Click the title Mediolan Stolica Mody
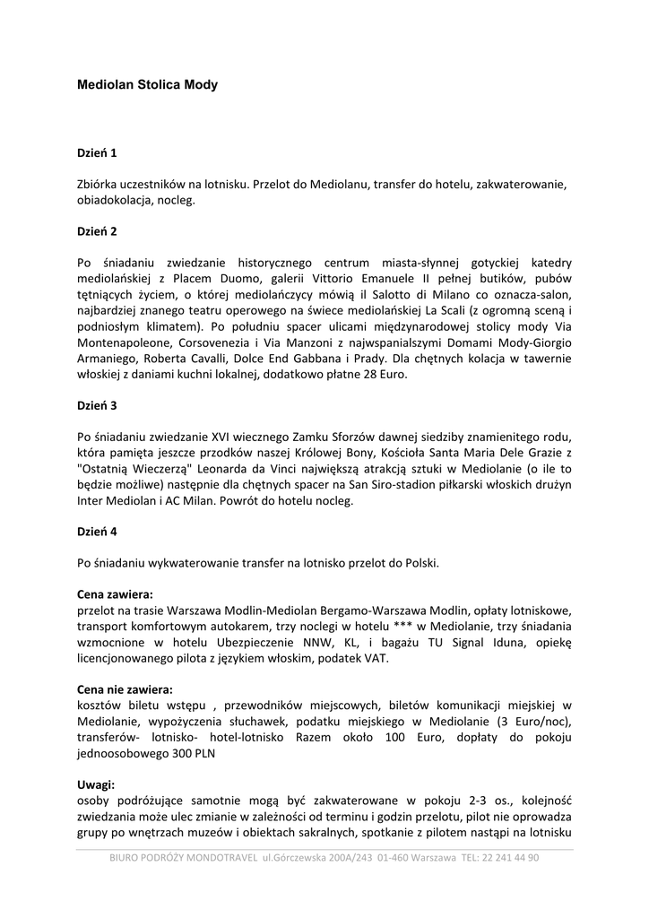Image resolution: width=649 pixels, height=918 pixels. pyautogui.click(x=147, y=85)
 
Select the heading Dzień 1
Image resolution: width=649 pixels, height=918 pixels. pyautogui.click(x=97, y=153)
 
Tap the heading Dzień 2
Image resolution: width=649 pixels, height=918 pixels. pyautogui.click(x=97, y=231)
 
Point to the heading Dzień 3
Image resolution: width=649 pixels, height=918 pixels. pyautogui.click(x=97, y=405)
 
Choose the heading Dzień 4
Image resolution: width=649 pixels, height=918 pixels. pyautogui.click(x=97, y=532)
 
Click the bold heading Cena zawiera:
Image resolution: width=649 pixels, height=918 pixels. pyautogui.click(x=115, y=593)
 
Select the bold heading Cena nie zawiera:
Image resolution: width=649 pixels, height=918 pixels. pyautogui.click(x=125, y=689)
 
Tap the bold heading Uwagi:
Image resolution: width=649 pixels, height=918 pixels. pyautogui.click(x=96, y=784)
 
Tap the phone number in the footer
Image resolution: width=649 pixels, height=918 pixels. pyautogui.click(x=506, y=857)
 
